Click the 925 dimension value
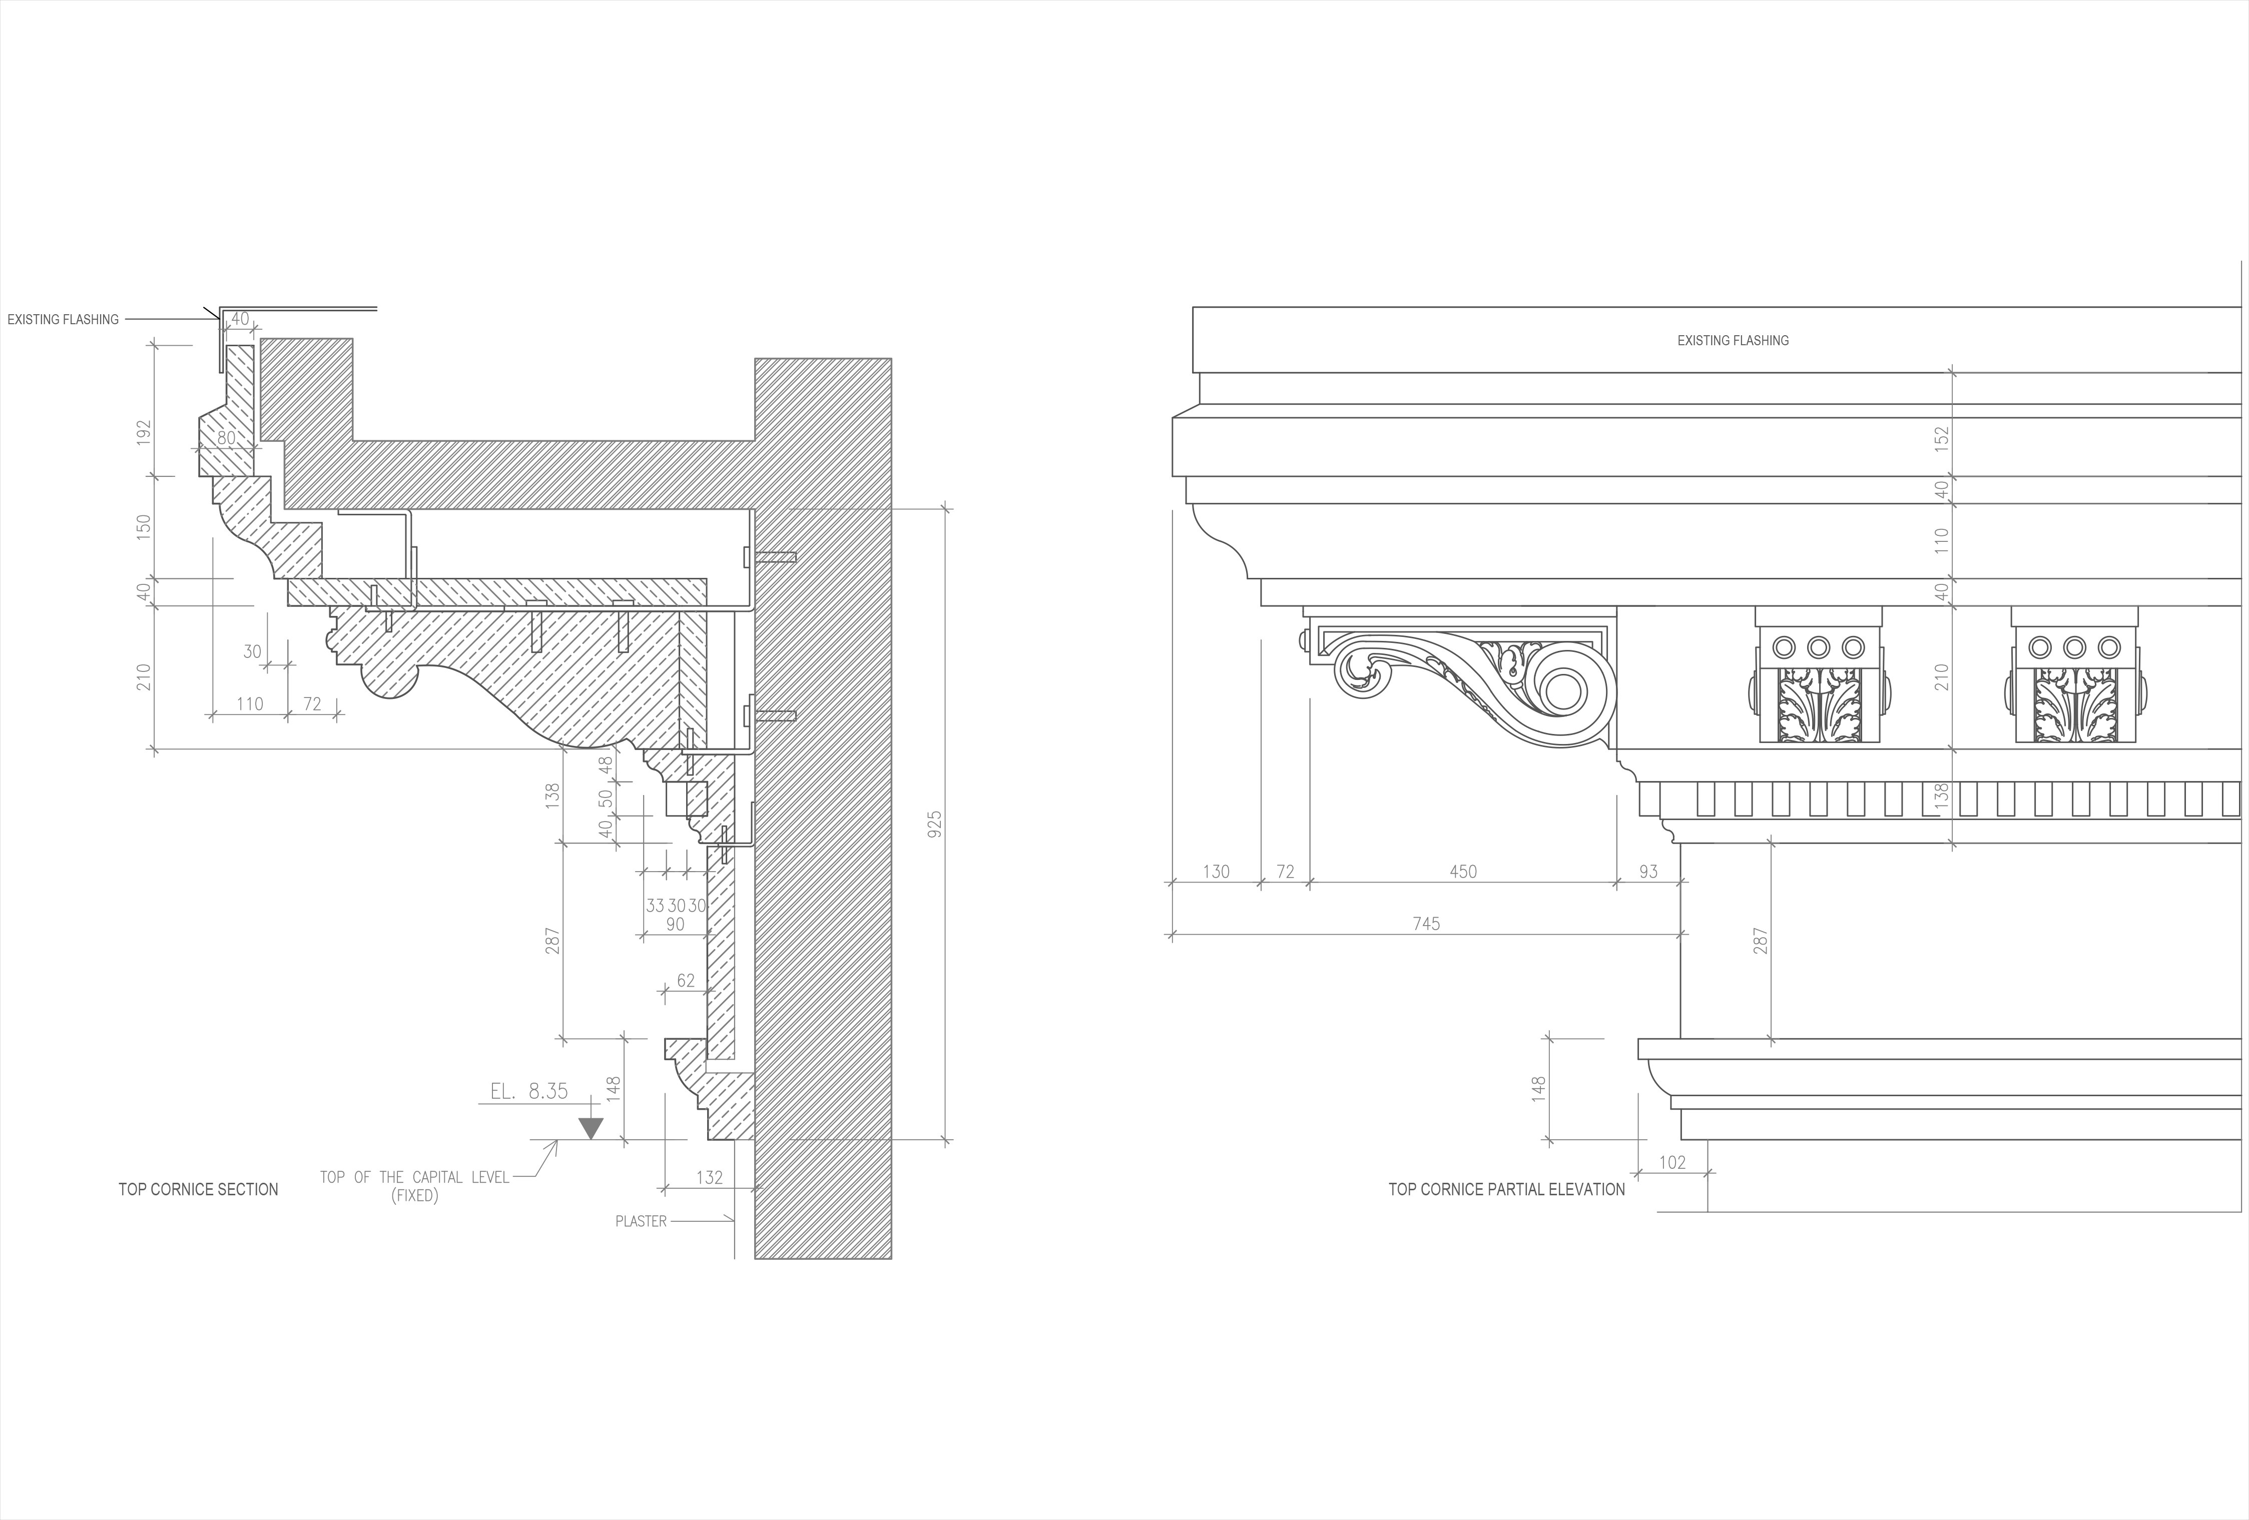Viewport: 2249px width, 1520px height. pyautogui.click(x=934, y=825)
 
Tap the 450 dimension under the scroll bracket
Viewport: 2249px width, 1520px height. pyautogui.click(x=1463, y=872)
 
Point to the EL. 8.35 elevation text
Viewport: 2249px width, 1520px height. pyautogui.click(x=528, y=1091)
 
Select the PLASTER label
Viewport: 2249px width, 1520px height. pyautogui.click(x=641, y=1221)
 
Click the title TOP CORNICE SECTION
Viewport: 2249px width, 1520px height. pyautogui.click(x=198, y=1189)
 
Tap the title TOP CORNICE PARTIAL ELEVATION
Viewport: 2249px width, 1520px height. pyautogui.click(x=1507, y=1189)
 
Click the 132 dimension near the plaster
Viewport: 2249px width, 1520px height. pyautogui.click(x=709, y=1177)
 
